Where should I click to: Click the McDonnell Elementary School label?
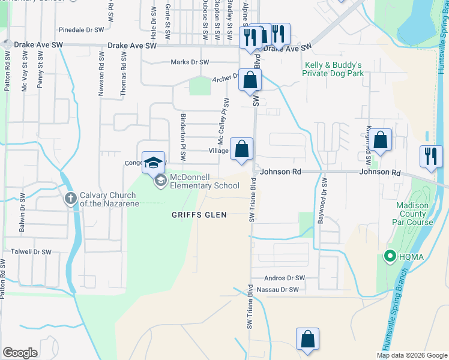click(x=205, y=181)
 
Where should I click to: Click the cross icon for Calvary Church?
click(x=70, y=197)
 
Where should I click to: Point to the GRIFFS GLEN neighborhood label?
click(x=199, y=215)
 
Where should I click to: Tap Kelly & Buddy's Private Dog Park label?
click(x=334, y=69)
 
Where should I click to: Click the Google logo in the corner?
click(x=20, y=353)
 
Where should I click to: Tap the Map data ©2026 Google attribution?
click(x=411, y=355)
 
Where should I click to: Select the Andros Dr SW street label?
click(x=285, y=278)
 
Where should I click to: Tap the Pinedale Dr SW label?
click(x=81, y=29)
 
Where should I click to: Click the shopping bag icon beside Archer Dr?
click(x=250, y=79)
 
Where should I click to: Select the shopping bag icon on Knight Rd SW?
click(x=381, y=140)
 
